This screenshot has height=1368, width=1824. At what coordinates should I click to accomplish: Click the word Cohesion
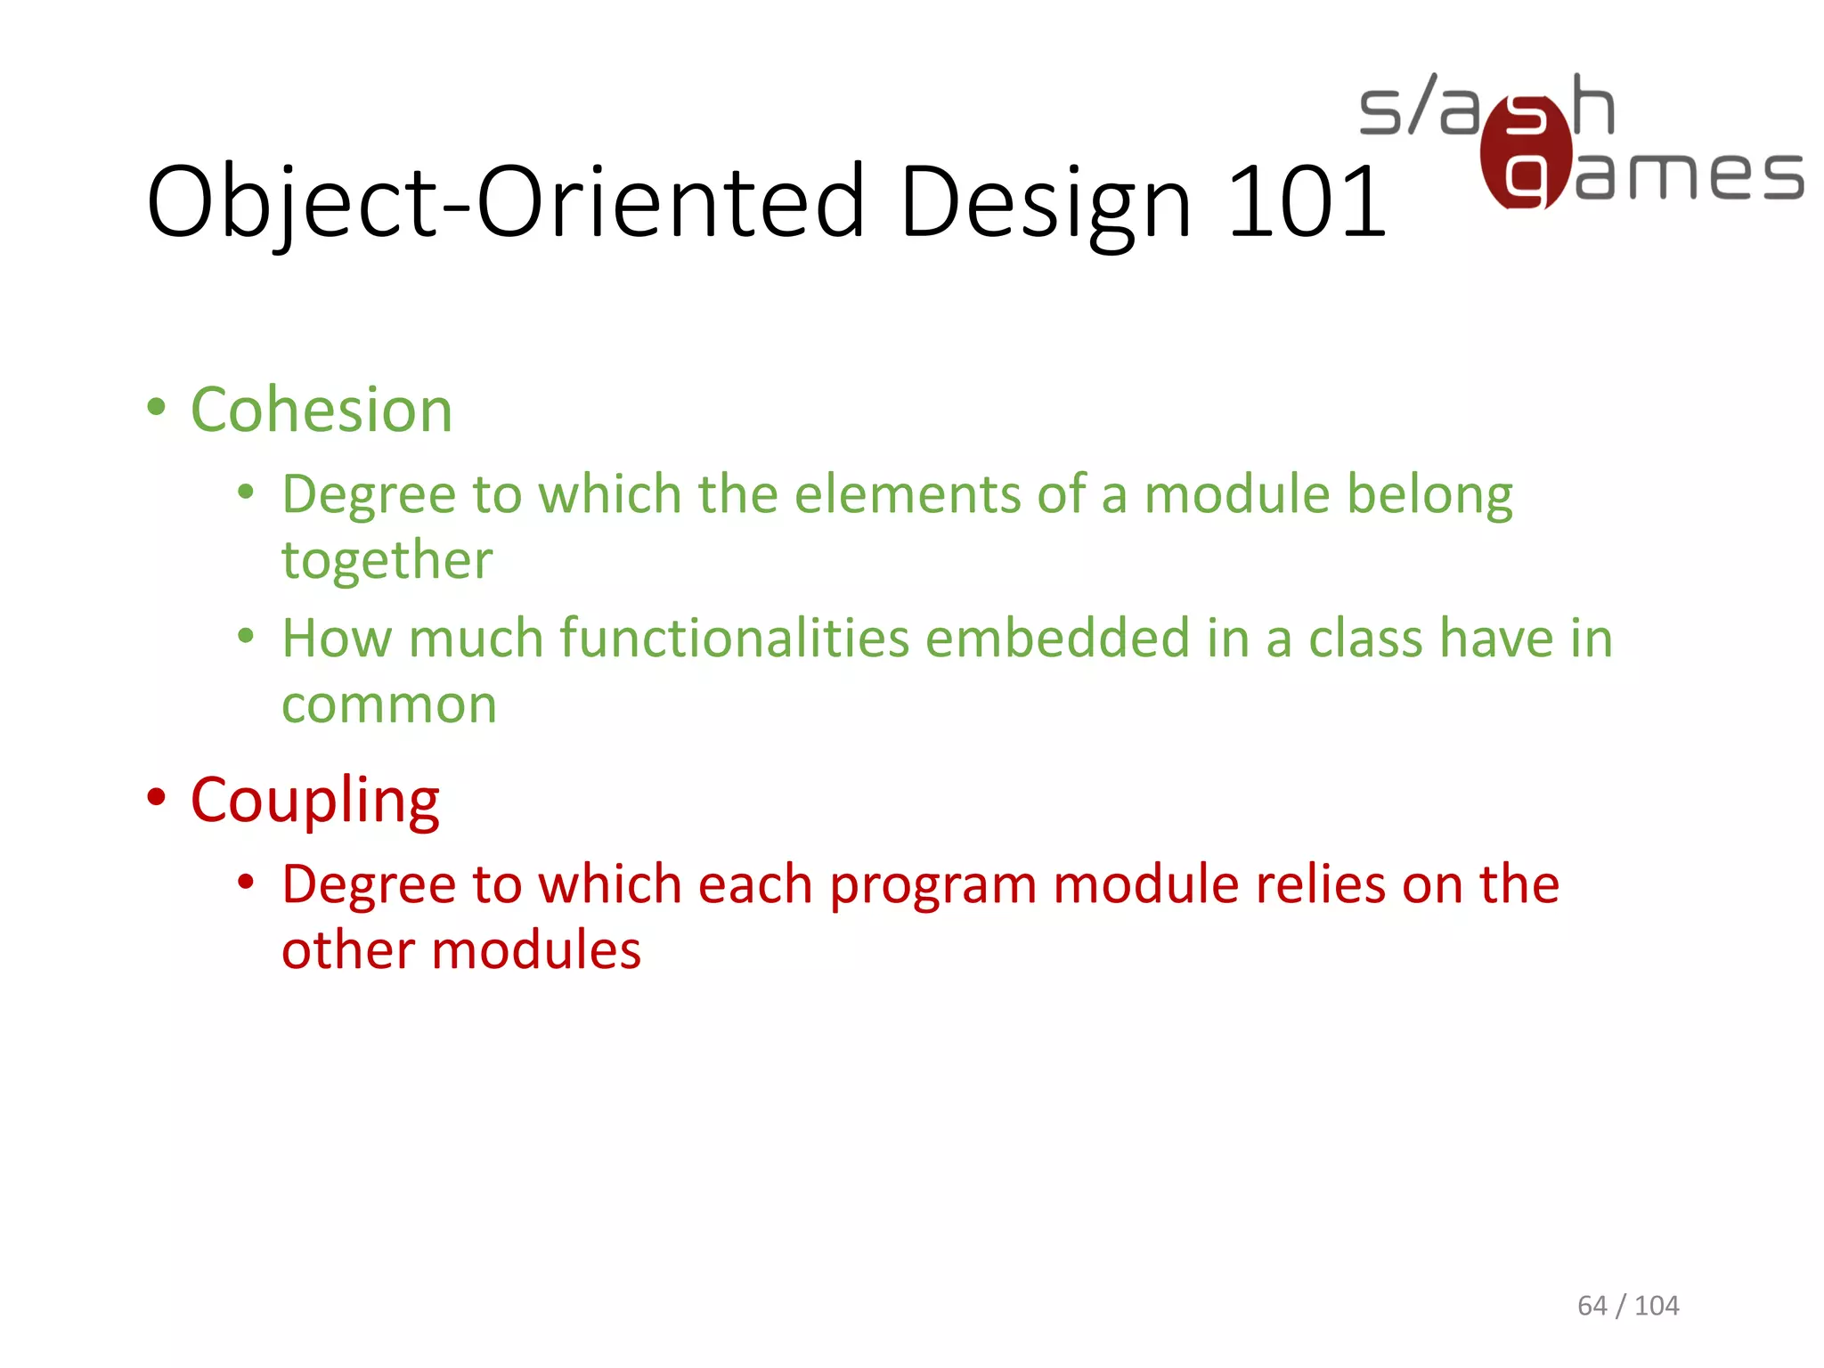(x=322, y=411)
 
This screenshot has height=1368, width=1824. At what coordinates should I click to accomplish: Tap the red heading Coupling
(x=314, y=801)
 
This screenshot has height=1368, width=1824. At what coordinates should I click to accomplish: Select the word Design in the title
(x=1045, y=204)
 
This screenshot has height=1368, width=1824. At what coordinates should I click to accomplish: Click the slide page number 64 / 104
(x=1627, y=1305)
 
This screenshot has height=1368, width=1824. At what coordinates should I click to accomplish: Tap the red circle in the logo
(x=1525, y=151)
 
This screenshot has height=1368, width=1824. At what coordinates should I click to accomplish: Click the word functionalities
(x=734, y=639)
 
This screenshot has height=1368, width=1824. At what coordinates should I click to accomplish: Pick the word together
(x=387, y=561)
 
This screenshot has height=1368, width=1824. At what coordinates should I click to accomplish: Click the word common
(x=388, y=705)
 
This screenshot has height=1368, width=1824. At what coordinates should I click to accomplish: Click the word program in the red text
(x=932, y=886)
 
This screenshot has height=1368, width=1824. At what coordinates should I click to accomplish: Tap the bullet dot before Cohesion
(x=157, y=408)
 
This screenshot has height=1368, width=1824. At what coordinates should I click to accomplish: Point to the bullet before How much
(x=246, y=636)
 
